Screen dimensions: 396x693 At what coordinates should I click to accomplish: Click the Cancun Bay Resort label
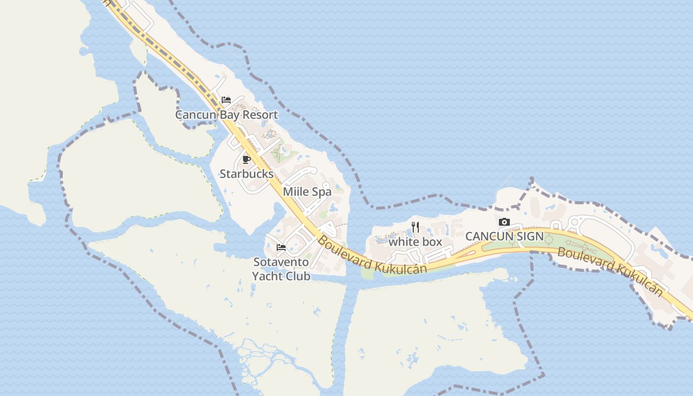pos(227,115)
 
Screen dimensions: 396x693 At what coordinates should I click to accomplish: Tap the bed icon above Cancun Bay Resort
pos(226,100)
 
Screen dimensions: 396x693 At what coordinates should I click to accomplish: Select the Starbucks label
pos(247,174)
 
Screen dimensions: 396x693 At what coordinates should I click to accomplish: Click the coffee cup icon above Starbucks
pos(247,159)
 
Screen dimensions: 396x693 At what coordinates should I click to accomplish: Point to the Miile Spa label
pos(307,192)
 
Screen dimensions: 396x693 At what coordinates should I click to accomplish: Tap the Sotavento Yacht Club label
pos(281,269)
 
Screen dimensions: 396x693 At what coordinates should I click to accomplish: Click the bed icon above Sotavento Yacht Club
pos(281,247)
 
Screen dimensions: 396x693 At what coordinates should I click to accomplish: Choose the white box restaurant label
pos(415,242)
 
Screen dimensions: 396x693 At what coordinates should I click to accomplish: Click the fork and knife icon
pos(415,227)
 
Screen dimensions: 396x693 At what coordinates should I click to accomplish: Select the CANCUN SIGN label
pos(504,237)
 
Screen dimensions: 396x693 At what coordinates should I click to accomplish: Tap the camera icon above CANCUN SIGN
pos(504,222)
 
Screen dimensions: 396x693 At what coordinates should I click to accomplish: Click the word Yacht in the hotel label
pos(267,276)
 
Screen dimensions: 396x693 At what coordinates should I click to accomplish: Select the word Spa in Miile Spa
pos(322,192)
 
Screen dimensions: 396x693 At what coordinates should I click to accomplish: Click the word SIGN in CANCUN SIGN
pos(529,237)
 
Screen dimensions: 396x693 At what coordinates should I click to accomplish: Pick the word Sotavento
pos(281,262)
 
